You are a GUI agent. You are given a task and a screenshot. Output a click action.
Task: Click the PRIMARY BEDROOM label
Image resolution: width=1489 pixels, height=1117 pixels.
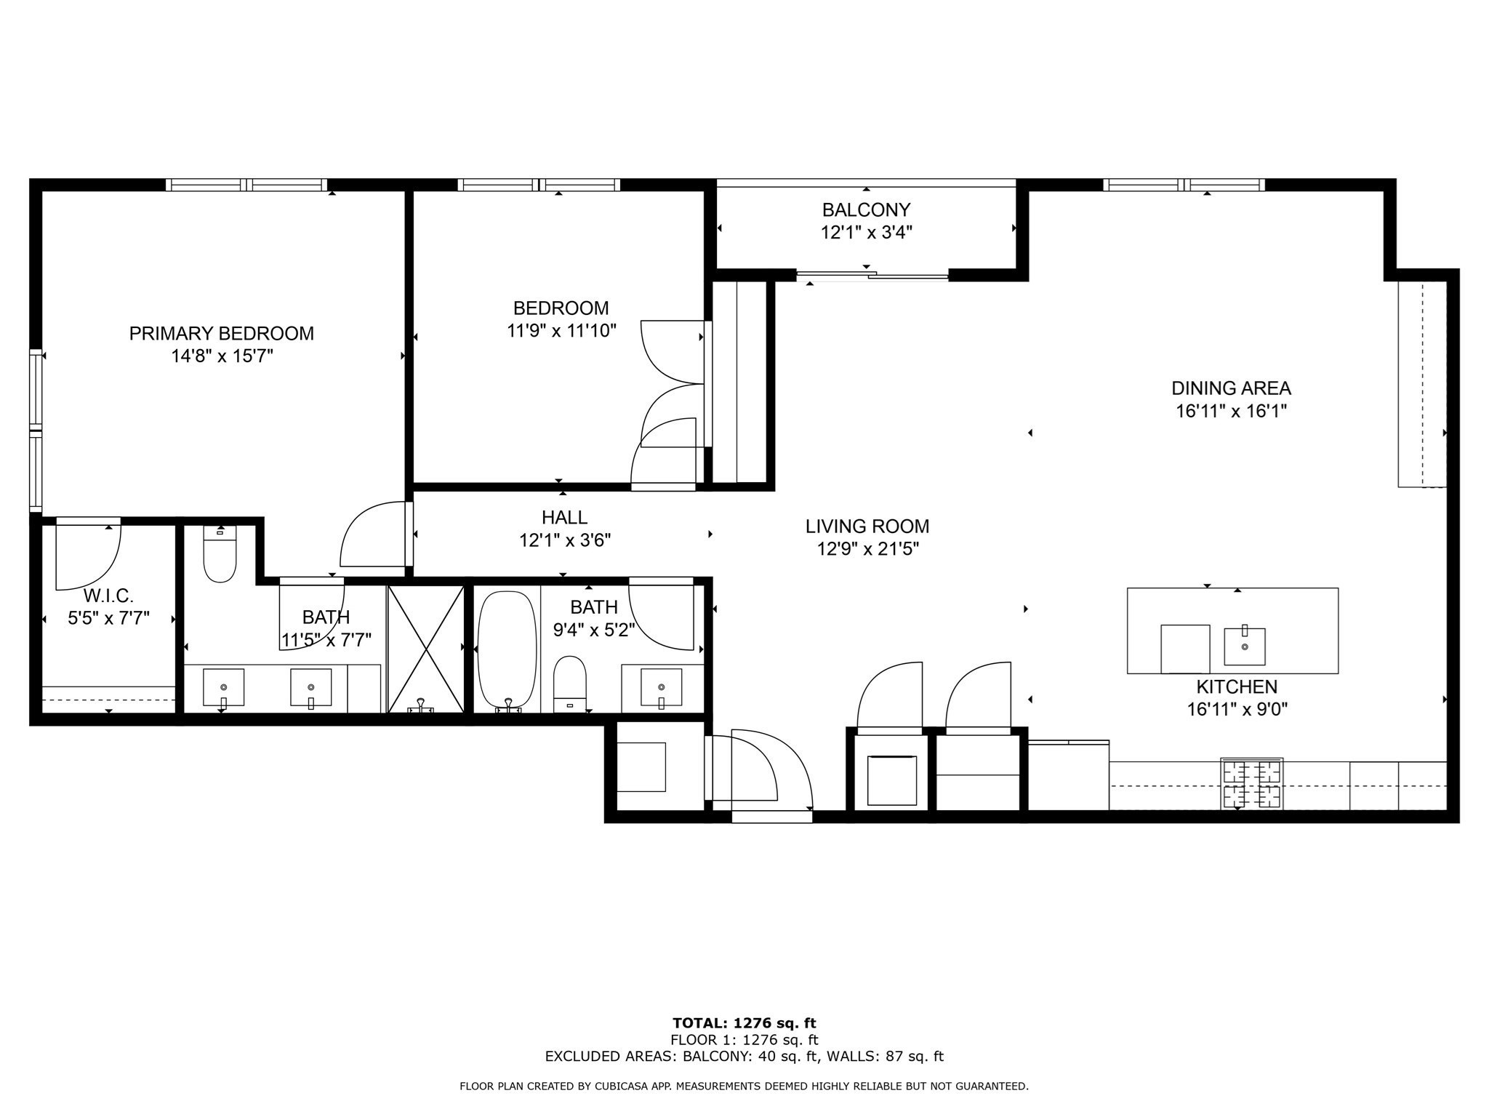tap(221, 333)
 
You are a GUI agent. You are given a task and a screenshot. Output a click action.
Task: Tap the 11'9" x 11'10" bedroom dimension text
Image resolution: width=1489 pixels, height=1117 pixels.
tap(561, 331)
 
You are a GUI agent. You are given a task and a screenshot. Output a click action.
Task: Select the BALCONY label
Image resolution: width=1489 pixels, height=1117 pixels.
tap(866, 209)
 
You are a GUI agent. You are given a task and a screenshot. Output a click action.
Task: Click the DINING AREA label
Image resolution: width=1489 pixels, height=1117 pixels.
tap(1231, 388)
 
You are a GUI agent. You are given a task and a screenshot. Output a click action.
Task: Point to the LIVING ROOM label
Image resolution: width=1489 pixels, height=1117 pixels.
tap(867, 526)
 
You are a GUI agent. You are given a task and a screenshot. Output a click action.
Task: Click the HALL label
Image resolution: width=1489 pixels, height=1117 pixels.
tap(564, 517)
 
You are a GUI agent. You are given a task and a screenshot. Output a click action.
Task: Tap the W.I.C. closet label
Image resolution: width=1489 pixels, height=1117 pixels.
tap(108, 596)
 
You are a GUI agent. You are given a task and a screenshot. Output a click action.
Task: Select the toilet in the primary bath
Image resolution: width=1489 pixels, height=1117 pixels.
tap(220, 556)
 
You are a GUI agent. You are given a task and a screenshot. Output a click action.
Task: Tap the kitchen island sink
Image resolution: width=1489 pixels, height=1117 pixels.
tap(1245, 646)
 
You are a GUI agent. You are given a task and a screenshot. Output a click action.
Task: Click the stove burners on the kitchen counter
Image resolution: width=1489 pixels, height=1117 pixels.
tap(1252, 784)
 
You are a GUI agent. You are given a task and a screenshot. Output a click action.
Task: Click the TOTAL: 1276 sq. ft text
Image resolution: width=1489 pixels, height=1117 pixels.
tap(744, 1023)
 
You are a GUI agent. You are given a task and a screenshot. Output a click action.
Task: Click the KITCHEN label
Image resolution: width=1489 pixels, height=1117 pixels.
tap(1237, 686)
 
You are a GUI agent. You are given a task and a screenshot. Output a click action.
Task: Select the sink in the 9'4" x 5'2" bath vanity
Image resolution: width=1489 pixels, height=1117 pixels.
tap(661, 687)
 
